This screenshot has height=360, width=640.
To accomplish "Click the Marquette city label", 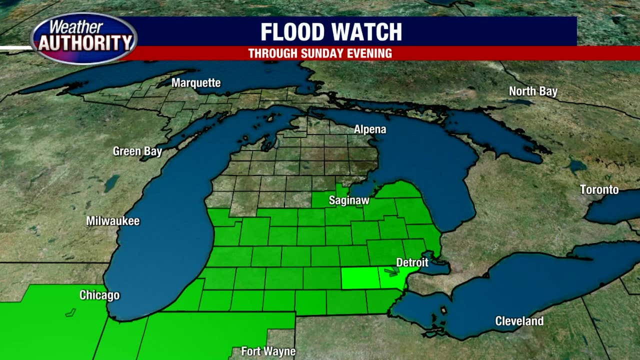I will coord(196,83).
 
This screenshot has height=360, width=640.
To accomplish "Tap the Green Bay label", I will coord(137,151).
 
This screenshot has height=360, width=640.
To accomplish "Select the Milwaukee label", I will coord(112,220).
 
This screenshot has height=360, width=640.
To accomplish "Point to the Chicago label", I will coord(99,295).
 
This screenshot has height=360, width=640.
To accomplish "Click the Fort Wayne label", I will coord(268,351).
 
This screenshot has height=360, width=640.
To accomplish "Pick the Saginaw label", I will coord(349,200).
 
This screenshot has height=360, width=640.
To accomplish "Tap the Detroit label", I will coord(412,262).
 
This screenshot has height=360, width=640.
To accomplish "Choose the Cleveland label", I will coord(519,321).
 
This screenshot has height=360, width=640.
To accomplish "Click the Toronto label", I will coord(599,189).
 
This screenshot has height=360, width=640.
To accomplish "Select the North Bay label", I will coord(533,91).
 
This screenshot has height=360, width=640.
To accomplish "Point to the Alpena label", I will coord(370,129).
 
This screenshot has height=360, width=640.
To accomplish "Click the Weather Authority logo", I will coord(83,38).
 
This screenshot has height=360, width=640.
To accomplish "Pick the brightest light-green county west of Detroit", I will coord(359,278).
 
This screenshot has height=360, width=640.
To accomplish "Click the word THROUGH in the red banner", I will coord(271,53).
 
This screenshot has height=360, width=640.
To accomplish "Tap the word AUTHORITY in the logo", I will coord(84,44).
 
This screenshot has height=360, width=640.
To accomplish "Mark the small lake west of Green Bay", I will coord(111,183).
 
